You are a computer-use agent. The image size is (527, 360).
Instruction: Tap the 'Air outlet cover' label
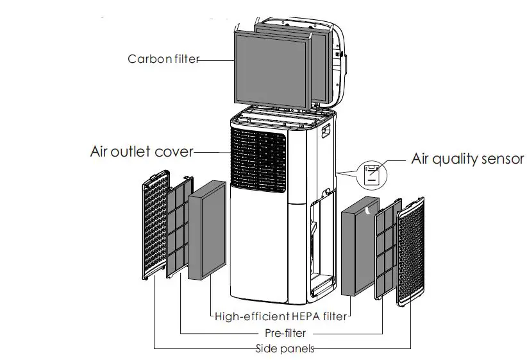pyautogui.click(x=141, y=152)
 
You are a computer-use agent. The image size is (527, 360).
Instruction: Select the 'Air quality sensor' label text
pyautogui.click(x=467, y=159)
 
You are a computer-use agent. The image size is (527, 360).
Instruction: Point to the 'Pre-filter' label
pyautogui.click(x=285, y=333)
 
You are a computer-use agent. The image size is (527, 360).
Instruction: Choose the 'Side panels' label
pyautogui.click(x=285, y=348)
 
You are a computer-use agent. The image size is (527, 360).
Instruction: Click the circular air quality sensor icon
pyautogui.click(x=372, y=173)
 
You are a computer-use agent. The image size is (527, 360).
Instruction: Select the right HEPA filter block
pyautogui.click(x=357, y=251)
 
